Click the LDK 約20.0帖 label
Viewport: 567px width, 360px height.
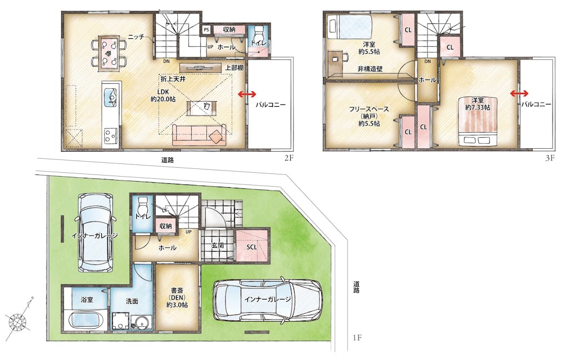click(x=163, y=96)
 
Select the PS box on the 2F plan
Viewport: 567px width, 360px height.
click(x=206, y=29)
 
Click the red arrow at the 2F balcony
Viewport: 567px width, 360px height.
click(x=247, y=94)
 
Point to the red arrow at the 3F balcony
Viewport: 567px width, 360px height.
click(x=519, y=94)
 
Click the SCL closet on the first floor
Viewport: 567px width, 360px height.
click(x=252, y=245)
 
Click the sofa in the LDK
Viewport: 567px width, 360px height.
click(x=199, y=135)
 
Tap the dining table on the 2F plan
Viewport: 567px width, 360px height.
click(x=109, y=52)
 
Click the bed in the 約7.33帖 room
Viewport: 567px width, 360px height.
click(x=478, y=121)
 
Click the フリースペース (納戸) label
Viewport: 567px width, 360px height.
click(x=369, y=116)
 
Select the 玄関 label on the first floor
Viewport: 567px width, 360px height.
click(x=217, y=246)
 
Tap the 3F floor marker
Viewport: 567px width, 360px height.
click(x=550, y=158)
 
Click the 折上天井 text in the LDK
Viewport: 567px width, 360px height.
click(x=173, y=79)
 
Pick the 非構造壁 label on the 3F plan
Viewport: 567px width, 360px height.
click(x=370, y=69)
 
